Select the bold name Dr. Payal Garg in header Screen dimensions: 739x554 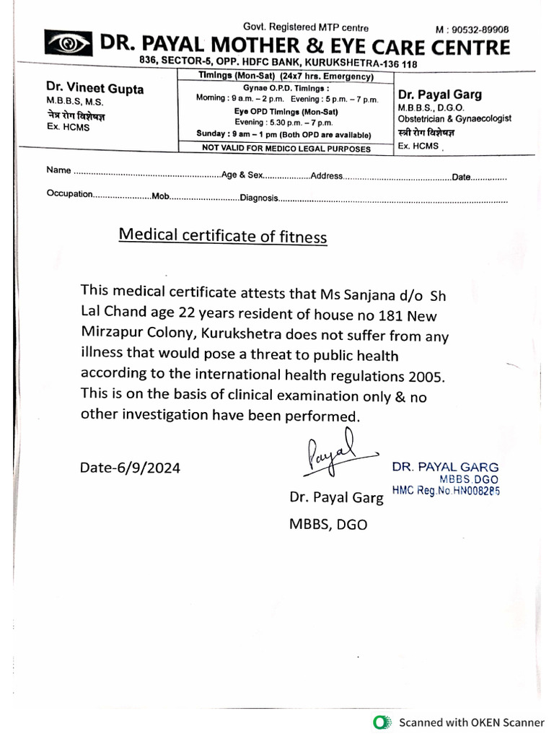click(440, 95)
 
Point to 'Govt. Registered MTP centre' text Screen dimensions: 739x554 click(306, 27)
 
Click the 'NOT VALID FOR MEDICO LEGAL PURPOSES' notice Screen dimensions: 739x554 click(286, 149)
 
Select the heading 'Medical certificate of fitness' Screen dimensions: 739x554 click(222, 236)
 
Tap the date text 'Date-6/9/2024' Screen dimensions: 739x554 click(130, 468)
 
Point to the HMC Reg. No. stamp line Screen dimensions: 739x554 click(446, 490)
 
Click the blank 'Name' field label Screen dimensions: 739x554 click(58, 170)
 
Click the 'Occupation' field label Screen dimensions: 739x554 click(70, 193)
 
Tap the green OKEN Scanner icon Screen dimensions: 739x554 click(381, 722)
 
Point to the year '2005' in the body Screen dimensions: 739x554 click(425, 376)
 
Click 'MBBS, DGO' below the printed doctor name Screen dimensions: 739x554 click(327, 525)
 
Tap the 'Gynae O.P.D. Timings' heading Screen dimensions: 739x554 click(286, 87)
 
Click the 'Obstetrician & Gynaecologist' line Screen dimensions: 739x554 click(454, 118)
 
